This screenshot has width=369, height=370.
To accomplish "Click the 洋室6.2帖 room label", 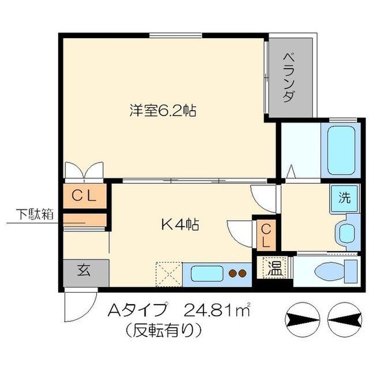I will (x=163, y=110).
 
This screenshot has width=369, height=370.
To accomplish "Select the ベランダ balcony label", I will (x=290, y=77).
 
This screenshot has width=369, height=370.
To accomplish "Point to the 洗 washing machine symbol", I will (x=344, y=197).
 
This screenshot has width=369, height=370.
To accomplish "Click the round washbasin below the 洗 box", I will (x=347, y=234).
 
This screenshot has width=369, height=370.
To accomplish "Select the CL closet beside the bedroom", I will (x=84, y=195).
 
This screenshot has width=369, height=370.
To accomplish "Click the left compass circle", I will (x=302, y=317).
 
